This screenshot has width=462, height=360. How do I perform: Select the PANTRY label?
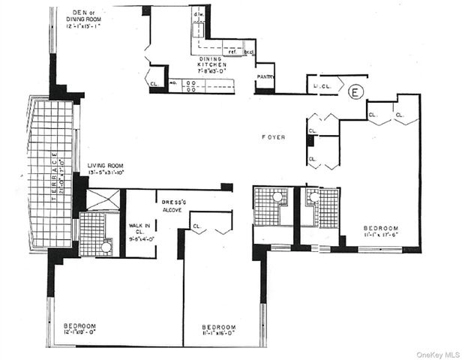(264, 76)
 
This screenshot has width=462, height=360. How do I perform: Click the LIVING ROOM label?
(105, 166)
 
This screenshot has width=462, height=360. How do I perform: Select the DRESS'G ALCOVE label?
(170, 206)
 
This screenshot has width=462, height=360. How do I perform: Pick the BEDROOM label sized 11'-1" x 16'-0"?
(220, 328)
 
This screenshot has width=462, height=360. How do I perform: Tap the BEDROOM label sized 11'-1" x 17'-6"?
(381, 228)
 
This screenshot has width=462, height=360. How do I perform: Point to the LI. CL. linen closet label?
(321, 88)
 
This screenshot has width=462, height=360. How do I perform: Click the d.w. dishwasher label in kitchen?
(198, 14)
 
